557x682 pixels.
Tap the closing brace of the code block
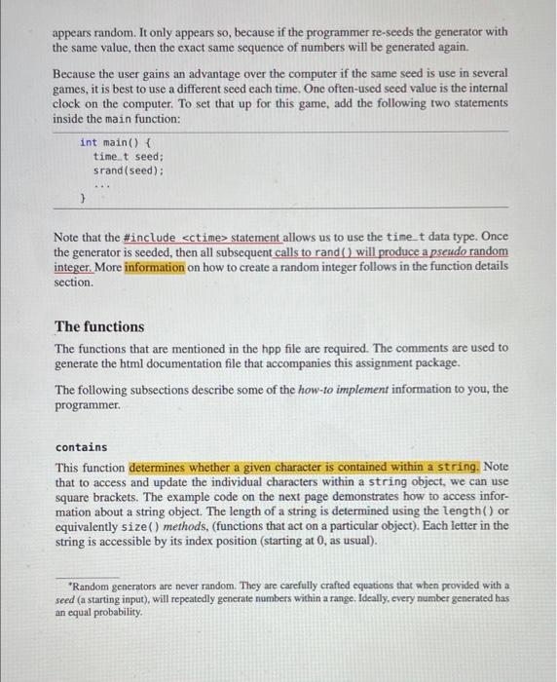pos(83,198)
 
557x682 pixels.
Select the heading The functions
pos(99,326)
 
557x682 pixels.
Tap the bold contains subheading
pos(82,447)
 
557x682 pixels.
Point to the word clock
pos(70,103)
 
